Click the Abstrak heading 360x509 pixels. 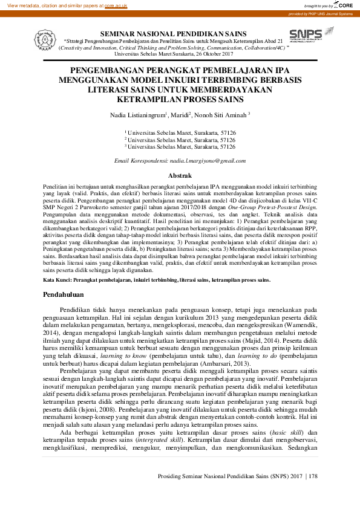pyautogui.click(x=180, y=175)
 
